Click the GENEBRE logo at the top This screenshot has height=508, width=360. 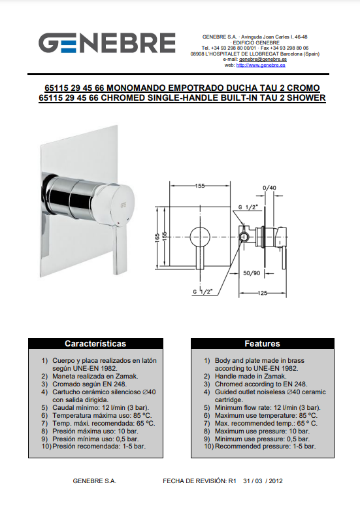(x=107, y=42)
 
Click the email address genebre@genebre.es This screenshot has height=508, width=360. (x=263, y=59)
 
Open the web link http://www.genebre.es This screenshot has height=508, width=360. (x=261, y=65)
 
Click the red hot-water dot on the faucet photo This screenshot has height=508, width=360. (x=120, y=223)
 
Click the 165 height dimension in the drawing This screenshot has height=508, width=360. (x=157, y=237)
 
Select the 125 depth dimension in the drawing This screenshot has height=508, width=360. (x=263, y=293)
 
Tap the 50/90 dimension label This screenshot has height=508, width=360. (x=252, y=273)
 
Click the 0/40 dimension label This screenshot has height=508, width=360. (x=269, y=188)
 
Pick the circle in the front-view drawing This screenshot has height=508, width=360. (x=200, y=237)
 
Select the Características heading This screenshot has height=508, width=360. (x=95, y=343)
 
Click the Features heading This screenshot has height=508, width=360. (x=262, y=343)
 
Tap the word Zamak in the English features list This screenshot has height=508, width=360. (x=275, y=376)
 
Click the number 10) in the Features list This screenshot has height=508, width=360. (x=209, y=447)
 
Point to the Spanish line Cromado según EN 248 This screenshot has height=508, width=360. (x=90, y=384)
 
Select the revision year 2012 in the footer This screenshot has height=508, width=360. (x=276, y=481)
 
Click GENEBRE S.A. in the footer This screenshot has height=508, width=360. (x=94, y=481)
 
